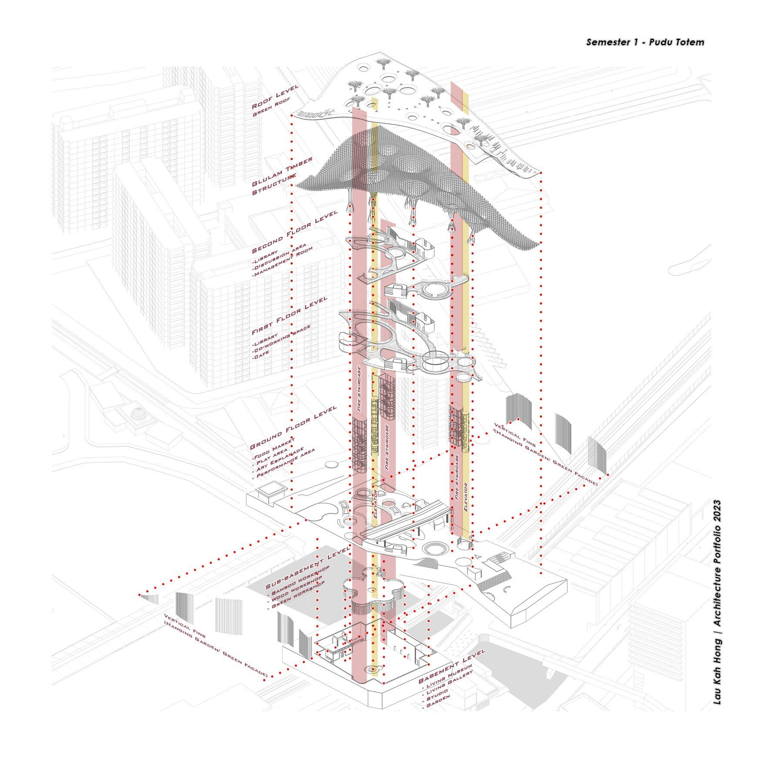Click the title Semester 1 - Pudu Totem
point(645,42)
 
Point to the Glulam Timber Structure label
point(282,174)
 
